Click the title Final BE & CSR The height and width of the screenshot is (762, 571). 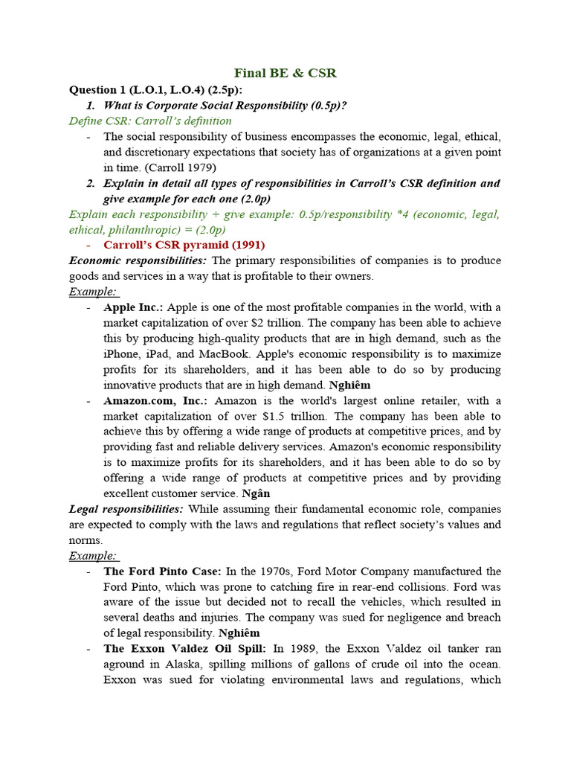[285, 73]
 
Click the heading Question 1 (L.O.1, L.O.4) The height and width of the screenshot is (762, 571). [150, 90]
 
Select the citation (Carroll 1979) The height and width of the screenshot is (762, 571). [175, 167]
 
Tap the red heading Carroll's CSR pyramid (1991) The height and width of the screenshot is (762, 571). [184, 245]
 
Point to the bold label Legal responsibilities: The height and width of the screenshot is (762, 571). [126, 509]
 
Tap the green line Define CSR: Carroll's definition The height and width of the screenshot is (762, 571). [150, 121]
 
